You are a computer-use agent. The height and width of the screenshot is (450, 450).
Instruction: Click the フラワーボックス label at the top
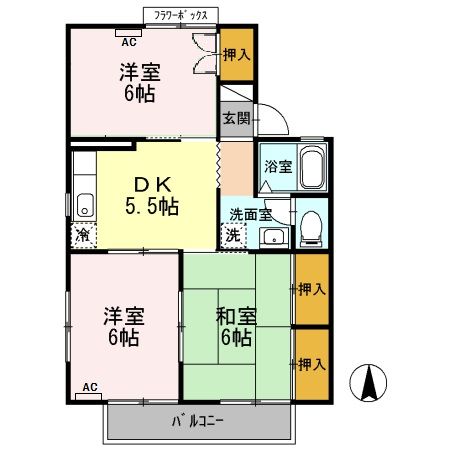point(180,16)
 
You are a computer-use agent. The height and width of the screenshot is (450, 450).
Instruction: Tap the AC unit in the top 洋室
point(128,33)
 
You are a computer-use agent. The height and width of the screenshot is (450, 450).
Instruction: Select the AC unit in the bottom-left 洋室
point(89,395)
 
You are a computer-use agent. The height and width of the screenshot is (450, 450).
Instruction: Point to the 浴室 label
point(278,166)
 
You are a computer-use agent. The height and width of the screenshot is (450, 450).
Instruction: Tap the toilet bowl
point(311,227)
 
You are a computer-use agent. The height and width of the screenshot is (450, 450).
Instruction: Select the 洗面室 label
point(250,214)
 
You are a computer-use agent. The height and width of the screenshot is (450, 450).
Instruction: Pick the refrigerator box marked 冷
point(81,236)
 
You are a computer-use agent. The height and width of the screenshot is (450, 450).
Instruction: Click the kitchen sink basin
point(83,203)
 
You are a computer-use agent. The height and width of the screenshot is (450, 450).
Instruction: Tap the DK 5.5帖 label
point(151,196)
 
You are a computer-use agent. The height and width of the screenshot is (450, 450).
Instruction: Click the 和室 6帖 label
point(236,326)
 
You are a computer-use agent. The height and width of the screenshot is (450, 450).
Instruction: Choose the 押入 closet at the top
point(236,56)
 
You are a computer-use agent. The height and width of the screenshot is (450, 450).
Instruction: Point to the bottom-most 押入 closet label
point(312,364)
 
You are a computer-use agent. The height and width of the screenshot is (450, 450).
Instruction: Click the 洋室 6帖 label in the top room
point(141,83)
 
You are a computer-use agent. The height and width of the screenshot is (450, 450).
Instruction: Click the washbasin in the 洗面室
point(272,236)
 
